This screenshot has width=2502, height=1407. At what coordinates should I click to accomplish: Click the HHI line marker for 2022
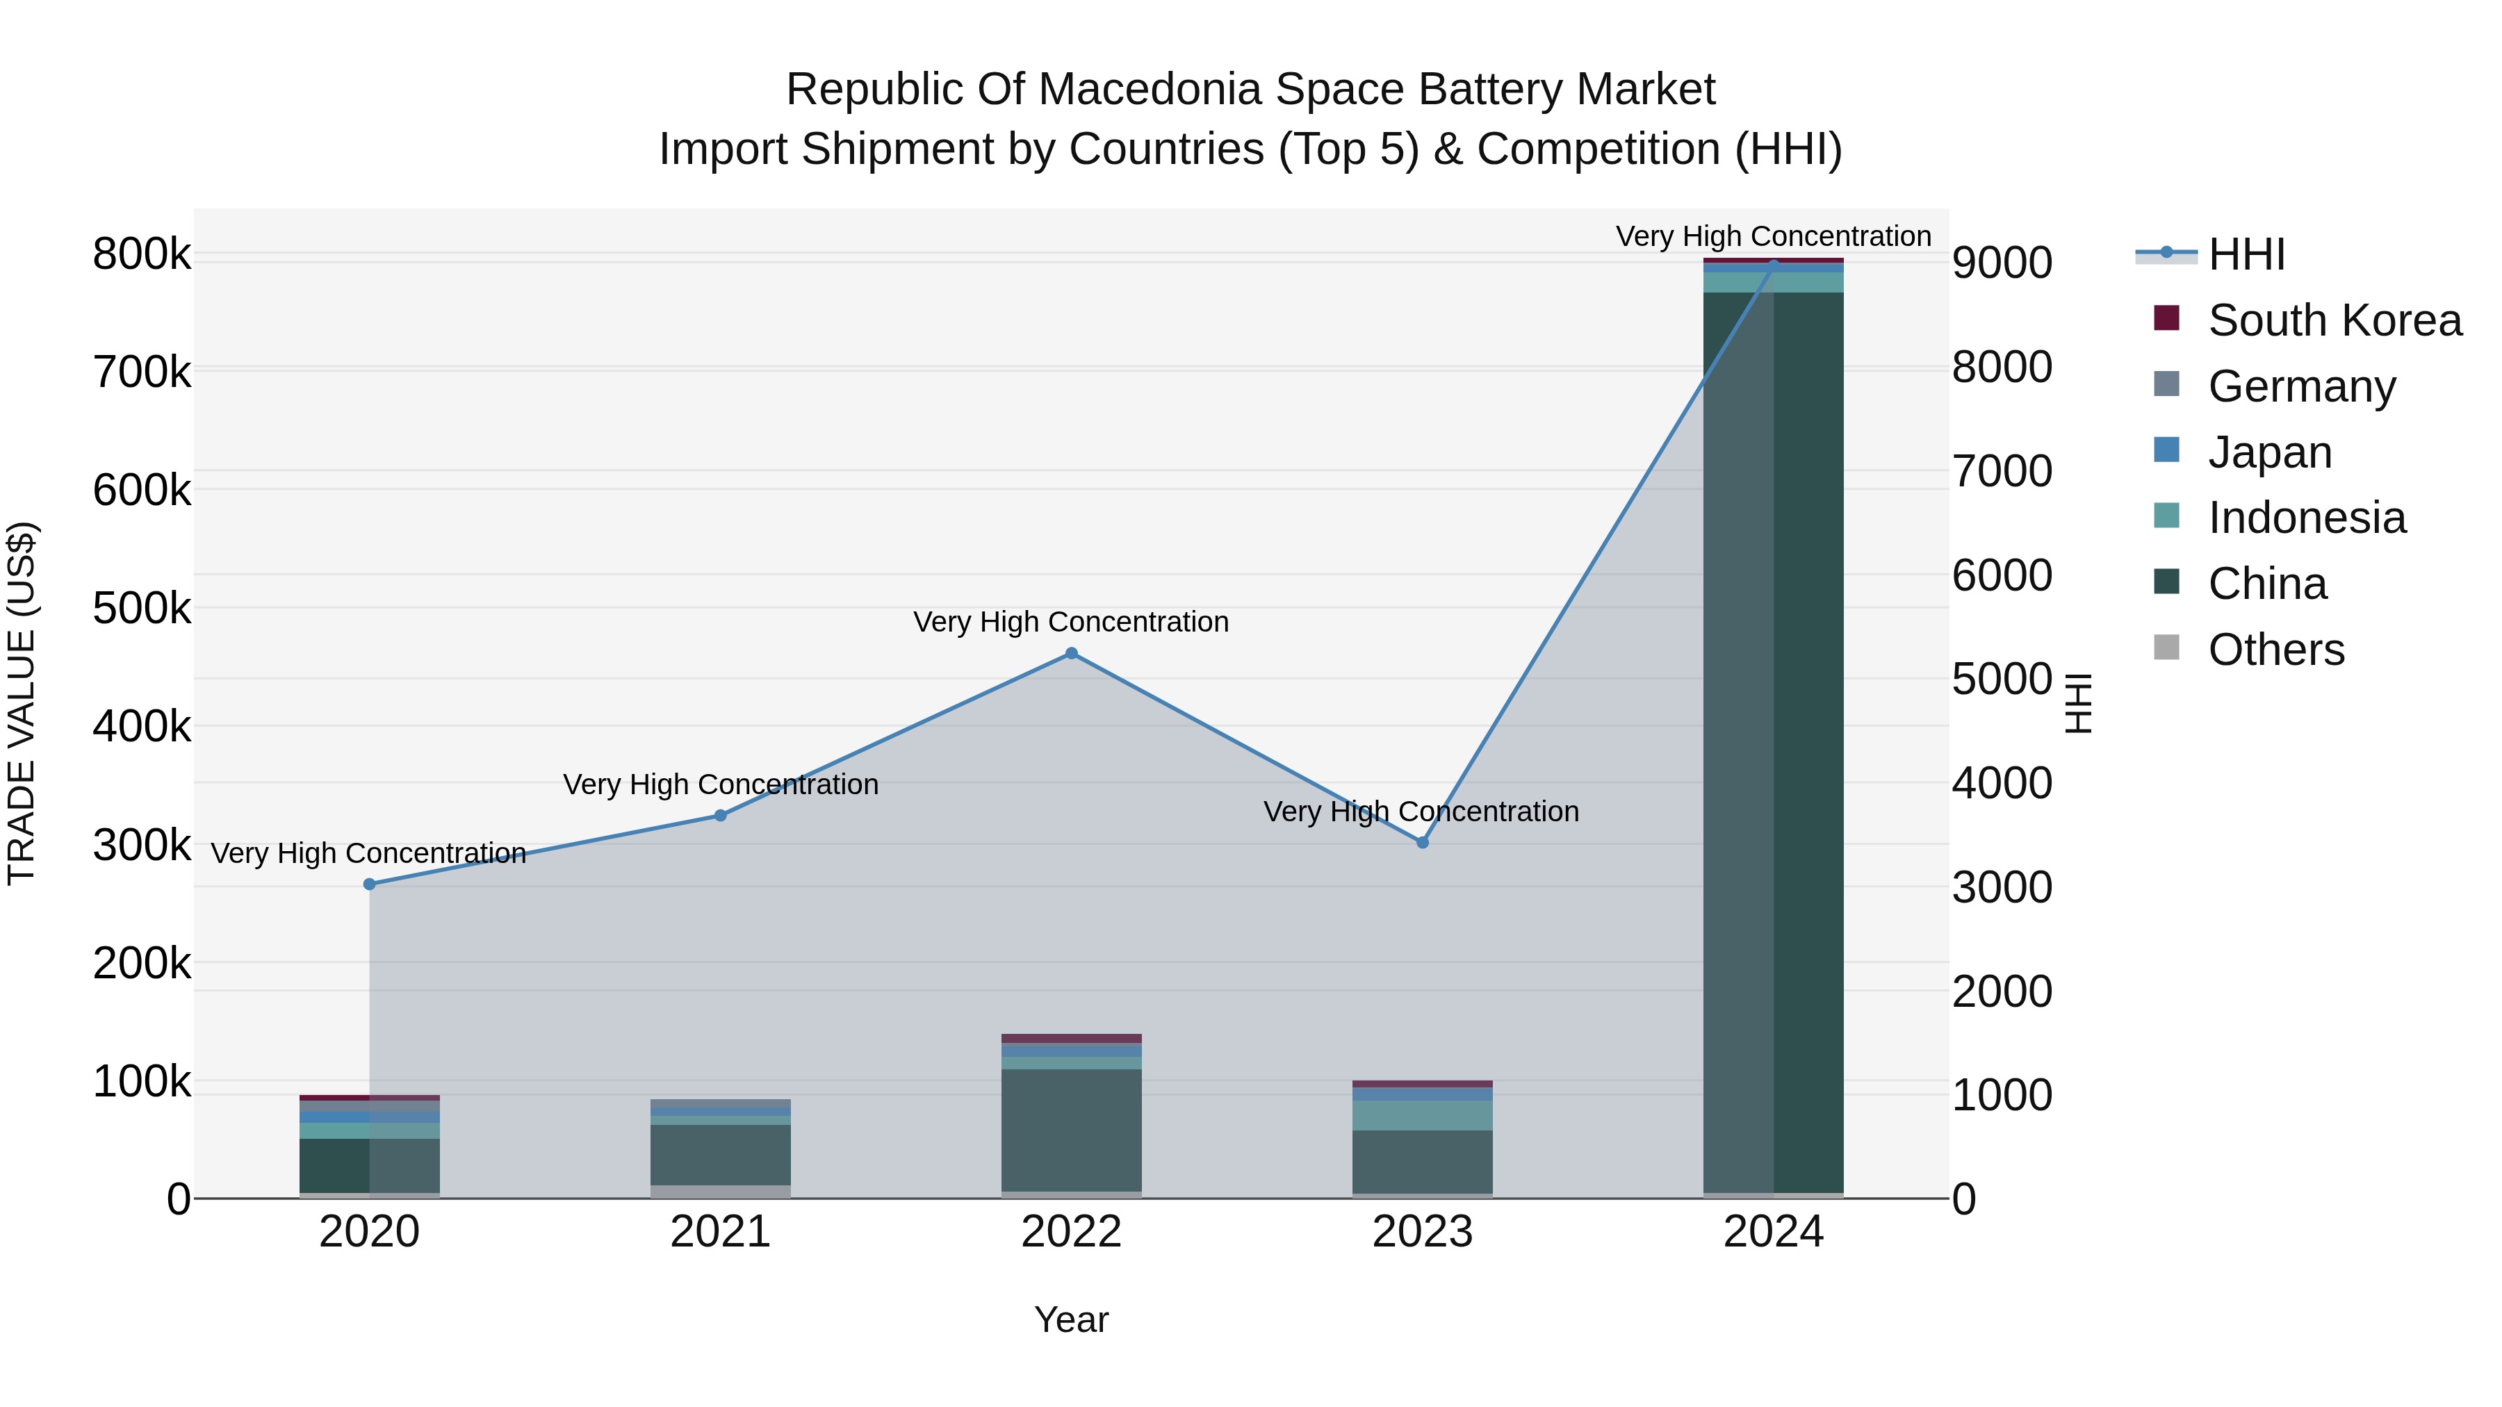point(1071,654)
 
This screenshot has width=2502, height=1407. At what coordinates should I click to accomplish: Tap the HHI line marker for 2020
point(369,884)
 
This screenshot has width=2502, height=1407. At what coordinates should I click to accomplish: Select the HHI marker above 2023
point(1423,843)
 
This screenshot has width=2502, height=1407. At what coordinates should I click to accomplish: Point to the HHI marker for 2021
point(721,816)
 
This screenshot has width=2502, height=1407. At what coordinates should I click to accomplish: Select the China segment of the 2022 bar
point(1071,1130)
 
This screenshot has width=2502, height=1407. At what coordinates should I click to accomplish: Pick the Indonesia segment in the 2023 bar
point(1423,1116)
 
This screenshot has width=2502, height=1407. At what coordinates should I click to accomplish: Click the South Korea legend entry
point(2334,320)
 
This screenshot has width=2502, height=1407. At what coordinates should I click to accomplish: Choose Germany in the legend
point(2301,386)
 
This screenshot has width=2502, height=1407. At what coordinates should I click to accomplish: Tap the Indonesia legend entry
point(2307,518)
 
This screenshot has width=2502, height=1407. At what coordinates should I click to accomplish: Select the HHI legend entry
point(2246,254)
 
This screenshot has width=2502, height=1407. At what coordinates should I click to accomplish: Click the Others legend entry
point(2275,650)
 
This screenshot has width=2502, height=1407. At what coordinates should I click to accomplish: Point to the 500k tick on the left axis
point(142,609)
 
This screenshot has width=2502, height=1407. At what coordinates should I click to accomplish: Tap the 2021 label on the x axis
point(721,1232)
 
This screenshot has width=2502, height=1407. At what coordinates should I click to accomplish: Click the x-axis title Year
point(1071,1319)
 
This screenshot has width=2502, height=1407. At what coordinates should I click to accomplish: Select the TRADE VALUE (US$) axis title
point(22,704)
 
